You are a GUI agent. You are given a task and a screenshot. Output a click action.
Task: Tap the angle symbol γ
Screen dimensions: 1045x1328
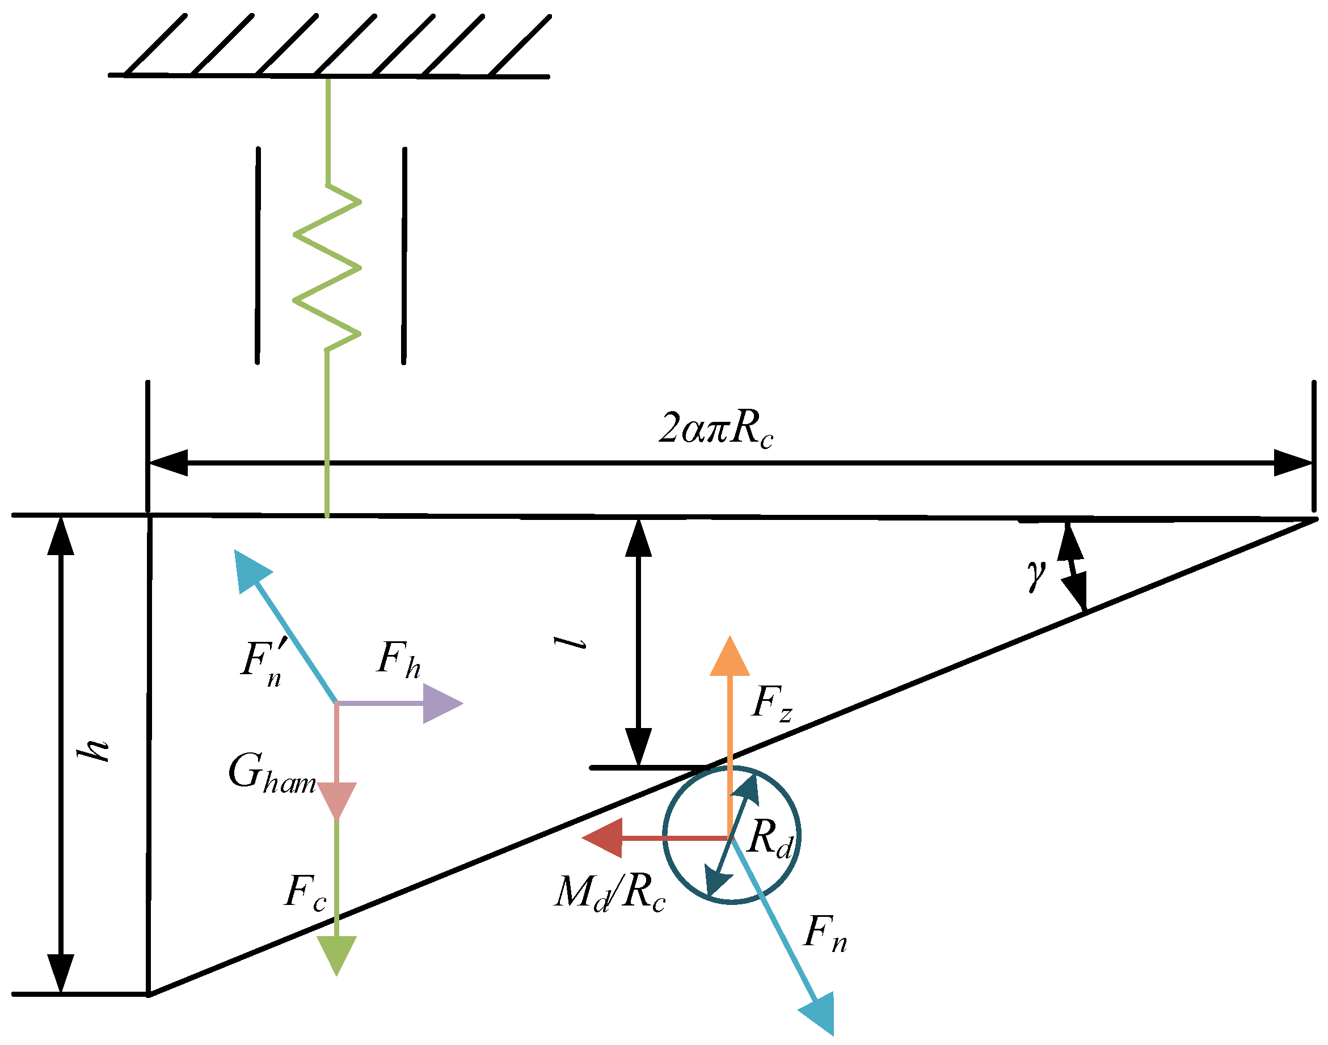(1035, 574)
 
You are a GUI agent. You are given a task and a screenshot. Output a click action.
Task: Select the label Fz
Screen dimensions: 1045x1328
(771, 703)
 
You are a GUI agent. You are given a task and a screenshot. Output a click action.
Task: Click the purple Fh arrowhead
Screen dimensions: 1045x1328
(442, 704)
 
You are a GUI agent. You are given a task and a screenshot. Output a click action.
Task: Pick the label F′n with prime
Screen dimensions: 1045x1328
(262, 663)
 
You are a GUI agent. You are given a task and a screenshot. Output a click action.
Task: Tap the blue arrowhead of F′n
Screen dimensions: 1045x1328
(251, 570)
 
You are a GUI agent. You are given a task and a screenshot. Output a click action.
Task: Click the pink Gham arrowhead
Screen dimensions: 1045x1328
(336, 798)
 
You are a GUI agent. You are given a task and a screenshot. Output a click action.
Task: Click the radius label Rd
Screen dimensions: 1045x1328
(769, 838)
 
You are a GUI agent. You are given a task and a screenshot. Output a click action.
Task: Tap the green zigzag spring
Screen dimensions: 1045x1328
(327, 268)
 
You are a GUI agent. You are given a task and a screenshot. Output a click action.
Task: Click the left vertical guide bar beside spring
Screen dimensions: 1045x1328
(258, 255)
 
